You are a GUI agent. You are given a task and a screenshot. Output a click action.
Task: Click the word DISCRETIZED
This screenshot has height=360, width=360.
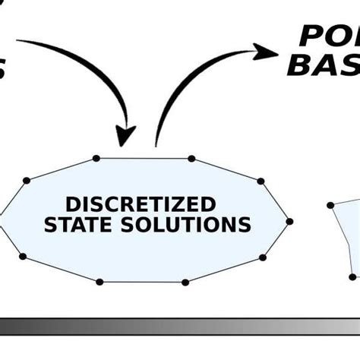coord(141,204)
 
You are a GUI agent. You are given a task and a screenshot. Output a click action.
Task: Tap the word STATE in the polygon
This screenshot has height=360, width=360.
coord(75,225)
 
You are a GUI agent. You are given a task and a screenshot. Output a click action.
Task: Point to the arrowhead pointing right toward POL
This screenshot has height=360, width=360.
coord(266,52)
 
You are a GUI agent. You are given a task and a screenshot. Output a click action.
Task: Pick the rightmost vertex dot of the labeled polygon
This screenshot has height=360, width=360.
coord(290,221)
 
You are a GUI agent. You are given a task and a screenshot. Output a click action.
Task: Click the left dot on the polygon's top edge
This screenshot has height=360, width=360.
coord(96,158)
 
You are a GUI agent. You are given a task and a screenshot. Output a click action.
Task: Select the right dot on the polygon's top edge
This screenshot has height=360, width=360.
coord(191,159)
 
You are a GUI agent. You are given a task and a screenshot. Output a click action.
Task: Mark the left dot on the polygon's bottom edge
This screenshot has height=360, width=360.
coord(99,282)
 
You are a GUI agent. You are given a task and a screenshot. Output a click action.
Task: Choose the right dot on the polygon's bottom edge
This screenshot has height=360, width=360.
coord(185,283)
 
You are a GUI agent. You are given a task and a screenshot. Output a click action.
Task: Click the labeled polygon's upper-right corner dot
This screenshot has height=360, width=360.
coord(261,181)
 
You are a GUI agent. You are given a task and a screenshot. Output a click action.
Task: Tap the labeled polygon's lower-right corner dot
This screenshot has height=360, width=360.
coord(261,258)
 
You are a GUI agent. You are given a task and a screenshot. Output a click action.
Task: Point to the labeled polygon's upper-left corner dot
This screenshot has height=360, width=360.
coord(27,180)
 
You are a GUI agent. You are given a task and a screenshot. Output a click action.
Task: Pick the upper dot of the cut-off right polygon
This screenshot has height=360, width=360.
coord(332,205)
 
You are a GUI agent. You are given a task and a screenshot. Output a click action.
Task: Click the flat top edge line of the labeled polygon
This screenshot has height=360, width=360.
coord(144,159)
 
